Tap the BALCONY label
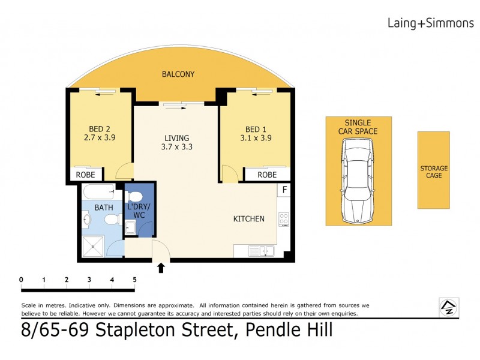point(178,74)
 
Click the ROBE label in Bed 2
point(85,175)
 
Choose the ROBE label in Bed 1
point(267,175)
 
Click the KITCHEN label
point(248,219)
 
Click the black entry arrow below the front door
point(161,268)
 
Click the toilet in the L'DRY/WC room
point(135,196)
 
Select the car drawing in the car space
point(358,181)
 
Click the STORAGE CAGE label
point(433,172)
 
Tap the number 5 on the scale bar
point(134,279)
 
